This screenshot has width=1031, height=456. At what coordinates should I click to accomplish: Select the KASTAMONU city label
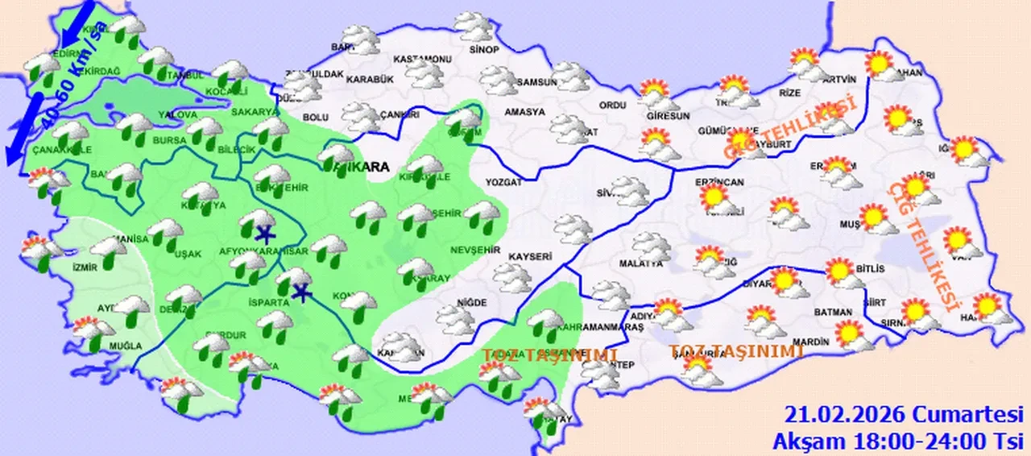(421, 60)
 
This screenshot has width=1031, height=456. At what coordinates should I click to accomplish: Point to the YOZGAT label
(503, 183)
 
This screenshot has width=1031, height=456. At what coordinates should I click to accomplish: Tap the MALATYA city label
(640, 263)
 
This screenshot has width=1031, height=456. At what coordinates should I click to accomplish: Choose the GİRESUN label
(663, 115)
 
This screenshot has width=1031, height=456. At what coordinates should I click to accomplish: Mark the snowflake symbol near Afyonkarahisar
(263, 235)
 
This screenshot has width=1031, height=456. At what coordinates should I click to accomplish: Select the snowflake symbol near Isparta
(302, 292)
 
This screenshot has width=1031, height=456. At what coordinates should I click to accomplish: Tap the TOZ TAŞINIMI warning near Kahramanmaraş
(549, 355)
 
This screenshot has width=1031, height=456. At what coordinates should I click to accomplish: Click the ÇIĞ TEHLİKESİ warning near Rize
(789, 127)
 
